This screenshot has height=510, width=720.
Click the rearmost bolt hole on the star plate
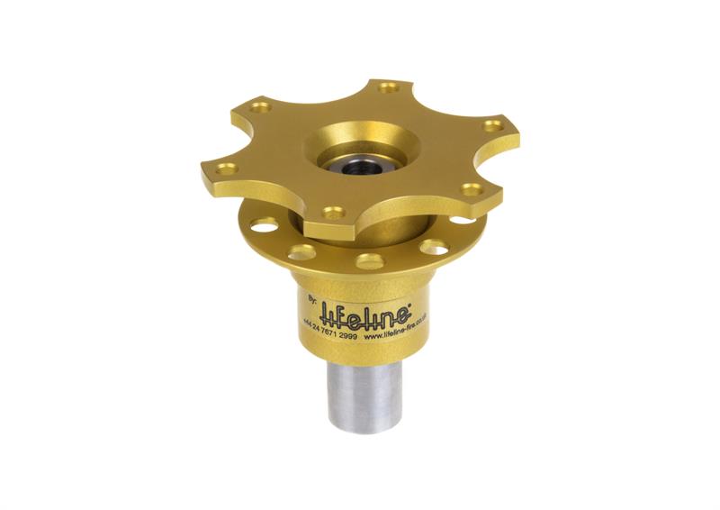tap(388, 88)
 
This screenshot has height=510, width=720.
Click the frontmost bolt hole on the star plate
tap(333, 214)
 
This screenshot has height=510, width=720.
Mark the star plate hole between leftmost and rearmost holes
tap(262, 108)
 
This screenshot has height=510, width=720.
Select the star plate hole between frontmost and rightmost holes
tap(469, 190)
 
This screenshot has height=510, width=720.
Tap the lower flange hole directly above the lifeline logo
tap(369, 262)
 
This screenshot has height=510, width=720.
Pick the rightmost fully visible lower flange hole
tap(433, 247)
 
